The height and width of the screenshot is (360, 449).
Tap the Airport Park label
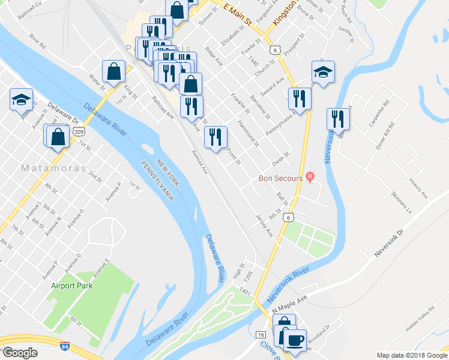(71, 286)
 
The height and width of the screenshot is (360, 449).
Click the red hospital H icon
(310, 176)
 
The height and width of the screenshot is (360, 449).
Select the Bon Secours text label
(282, 178)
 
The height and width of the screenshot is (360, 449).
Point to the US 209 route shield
(80, 130)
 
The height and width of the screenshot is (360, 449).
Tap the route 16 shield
(261, 334)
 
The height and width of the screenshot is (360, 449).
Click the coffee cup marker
(294, 340)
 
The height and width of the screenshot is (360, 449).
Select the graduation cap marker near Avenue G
(22, 98)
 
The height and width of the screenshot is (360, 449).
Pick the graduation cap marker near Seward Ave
(323, 72)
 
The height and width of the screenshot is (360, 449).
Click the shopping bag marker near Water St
(113, 71)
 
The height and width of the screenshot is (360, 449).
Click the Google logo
(20, 353)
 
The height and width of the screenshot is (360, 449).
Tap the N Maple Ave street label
(289, 301)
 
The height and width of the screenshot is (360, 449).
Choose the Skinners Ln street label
(402, 203)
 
